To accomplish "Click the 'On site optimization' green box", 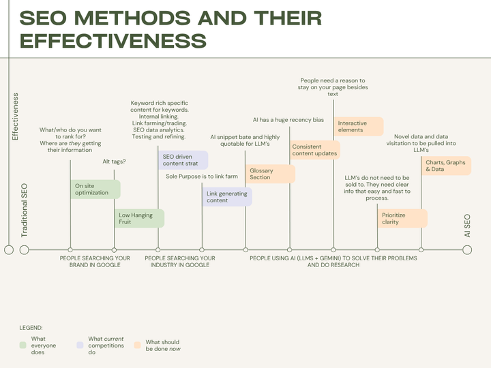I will coord(95,189).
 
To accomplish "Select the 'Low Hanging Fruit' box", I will coord(139,218).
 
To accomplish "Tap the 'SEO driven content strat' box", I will coord(183,160).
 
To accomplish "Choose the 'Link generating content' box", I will coord(228,197).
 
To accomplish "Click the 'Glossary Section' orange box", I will coord(271,174).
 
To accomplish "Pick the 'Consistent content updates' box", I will coord(314,149).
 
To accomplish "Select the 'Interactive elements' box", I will coord(359,127).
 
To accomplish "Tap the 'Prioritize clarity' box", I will coord(403,218).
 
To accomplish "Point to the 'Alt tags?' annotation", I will coord(114,162).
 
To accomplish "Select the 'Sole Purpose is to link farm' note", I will coord(202,177).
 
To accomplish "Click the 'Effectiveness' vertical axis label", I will coord(16,117).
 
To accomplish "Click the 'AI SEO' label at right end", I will coord(467,226).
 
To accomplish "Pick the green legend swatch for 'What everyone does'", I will coord(24,345).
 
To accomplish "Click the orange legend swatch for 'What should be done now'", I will coord(138,346).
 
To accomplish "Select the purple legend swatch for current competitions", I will coord(80,345).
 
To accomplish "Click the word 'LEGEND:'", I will coord(31,328).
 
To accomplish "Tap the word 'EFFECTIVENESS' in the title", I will coord(113,40).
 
